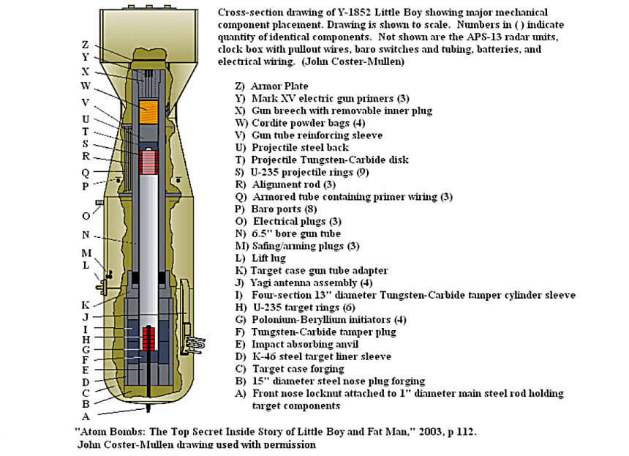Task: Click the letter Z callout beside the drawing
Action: [86, 44]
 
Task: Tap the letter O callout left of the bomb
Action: [86, 216]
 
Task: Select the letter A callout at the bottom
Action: [86, 416]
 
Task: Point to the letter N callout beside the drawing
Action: [86, 235]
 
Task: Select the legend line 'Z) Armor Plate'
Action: [269, 86]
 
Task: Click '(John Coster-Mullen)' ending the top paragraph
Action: [350, 62]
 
